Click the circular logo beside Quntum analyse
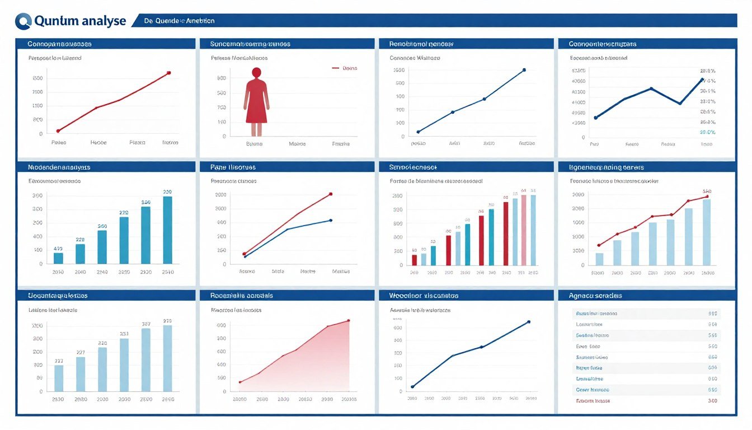24,21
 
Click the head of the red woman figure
256,72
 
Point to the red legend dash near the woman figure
336,68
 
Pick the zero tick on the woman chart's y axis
224,136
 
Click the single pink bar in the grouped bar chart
524,230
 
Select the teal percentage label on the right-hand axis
707,132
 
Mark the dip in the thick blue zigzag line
679,104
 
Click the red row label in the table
593,401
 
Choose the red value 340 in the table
712,401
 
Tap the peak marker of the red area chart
349,321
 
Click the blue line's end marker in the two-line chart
331,220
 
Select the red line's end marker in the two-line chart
331,194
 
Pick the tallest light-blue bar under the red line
707,232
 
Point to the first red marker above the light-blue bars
599,245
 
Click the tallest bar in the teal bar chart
167,230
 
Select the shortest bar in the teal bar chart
58,258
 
